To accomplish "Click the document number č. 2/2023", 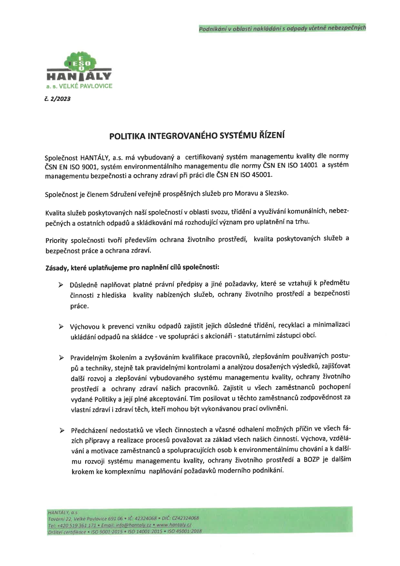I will pos(58,99).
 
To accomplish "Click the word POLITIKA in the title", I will pos(127,136).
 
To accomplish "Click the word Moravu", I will pos(247,194).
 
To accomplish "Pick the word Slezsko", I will pos(276,193).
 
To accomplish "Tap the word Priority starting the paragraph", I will pos(56,240).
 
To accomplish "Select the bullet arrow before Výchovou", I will pos(61,327).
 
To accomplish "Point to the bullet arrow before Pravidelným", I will pos(61,358).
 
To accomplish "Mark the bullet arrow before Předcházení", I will pos(61,430).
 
